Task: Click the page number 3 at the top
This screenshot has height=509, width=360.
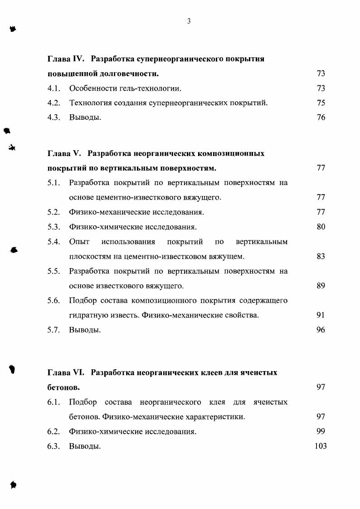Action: click(189, 21)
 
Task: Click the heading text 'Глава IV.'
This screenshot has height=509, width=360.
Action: click(67, 59)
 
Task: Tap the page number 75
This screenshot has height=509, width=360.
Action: click(321, 103)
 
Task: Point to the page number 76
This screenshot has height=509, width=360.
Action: click(321, 117)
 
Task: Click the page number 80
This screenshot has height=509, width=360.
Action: click(321, 226)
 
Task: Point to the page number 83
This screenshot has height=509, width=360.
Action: click(321, 256)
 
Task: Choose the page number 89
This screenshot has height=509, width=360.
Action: click(321, 286)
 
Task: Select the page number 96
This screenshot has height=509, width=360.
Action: click(321, 330)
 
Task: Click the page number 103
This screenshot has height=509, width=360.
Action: click(320, 446)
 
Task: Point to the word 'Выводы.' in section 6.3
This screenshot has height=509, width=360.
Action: click(85, 446)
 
